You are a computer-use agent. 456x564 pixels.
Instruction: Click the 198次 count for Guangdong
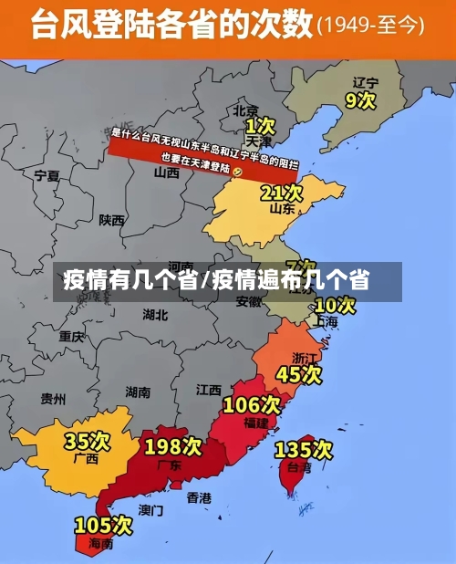[172, 446]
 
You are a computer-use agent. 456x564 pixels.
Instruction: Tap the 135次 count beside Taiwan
[304, 449]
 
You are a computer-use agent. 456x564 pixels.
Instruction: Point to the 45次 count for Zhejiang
[299, 374]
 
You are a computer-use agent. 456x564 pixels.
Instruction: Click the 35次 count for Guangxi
[87, 442]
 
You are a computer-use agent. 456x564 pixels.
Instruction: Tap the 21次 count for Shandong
[281, 193]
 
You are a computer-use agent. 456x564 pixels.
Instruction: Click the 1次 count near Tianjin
[260, 124]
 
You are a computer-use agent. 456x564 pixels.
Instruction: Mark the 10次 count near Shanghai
[334, 305]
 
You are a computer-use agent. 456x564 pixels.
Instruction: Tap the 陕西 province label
[112, 220]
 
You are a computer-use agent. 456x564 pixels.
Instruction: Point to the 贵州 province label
[53, 399]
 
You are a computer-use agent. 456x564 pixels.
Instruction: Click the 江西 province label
[209, 389]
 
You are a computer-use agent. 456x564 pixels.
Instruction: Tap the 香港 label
[199, 497]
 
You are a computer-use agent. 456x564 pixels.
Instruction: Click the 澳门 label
[151, 509]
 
